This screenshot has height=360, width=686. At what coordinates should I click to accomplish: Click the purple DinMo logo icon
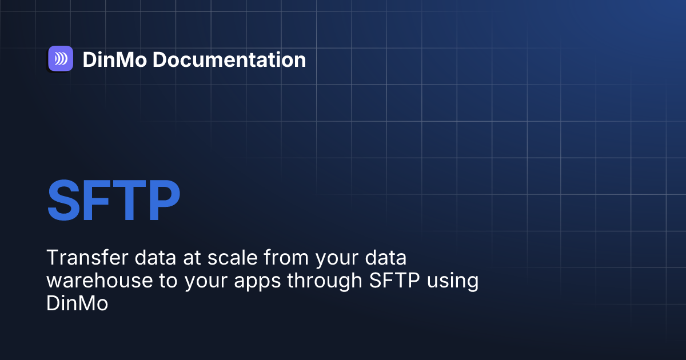(61, 59)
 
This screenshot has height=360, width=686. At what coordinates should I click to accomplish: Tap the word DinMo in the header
(114, 59)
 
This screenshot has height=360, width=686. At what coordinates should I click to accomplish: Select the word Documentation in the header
(229, 59)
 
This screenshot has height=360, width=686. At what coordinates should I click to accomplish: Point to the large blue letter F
(97, 201)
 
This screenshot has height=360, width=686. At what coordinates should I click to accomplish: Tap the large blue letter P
(161, 201)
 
